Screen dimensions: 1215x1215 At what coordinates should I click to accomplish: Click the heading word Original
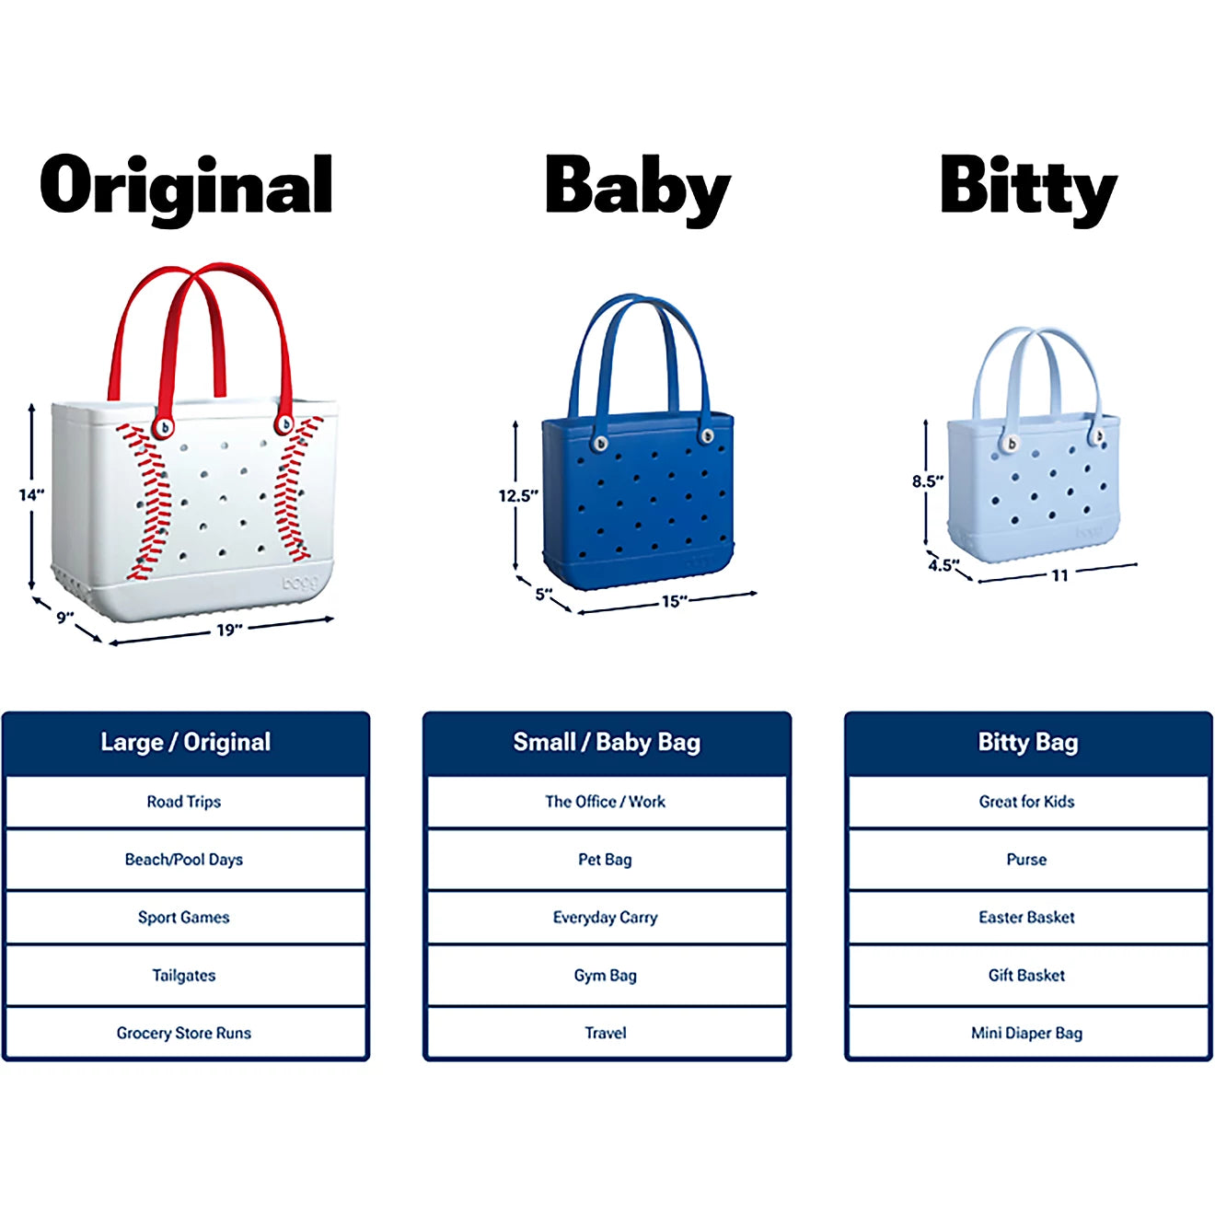click(186, 187)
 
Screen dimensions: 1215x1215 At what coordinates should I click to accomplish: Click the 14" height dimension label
click(31, 495)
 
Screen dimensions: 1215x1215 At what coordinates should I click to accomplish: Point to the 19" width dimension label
click(229, 630)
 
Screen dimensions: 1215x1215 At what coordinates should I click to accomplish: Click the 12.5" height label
click(517, 496)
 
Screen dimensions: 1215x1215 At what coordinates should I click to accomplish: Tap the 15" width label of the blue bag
click(674, 601)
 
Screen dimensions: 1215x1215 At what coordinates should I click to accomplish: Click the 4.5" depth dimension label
click(943, 565)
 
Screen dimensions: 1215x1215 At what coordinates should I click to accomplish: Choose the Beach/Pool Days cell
click(184, 860)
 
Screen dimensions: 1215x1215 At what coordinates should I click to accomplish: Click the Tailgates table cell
click(184, 976)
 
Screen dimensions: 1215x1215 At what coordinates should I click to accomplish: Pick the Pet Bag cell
click(606, 860)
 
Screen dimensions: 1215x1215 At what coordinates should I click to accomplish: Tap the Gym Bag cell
click(606, 976)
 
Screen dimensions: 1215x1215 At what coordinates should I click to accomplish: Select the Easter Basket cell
click(1027, 918)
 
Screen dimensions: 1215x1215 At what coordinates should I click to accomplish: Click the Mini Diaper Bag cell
click(1027, 1034)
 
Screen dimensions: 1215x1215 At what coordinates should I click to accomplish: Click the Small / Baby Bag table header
click(607, 743)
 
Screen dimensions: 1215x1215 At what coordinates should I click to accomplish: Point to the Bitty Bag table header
click(1028, 743)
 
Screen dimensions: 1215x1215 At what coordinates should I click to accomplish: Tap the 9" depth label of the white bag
click(64, 618)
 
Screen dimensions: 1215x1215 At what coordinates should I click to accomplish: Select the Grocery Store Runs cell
click(184, 1034)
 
